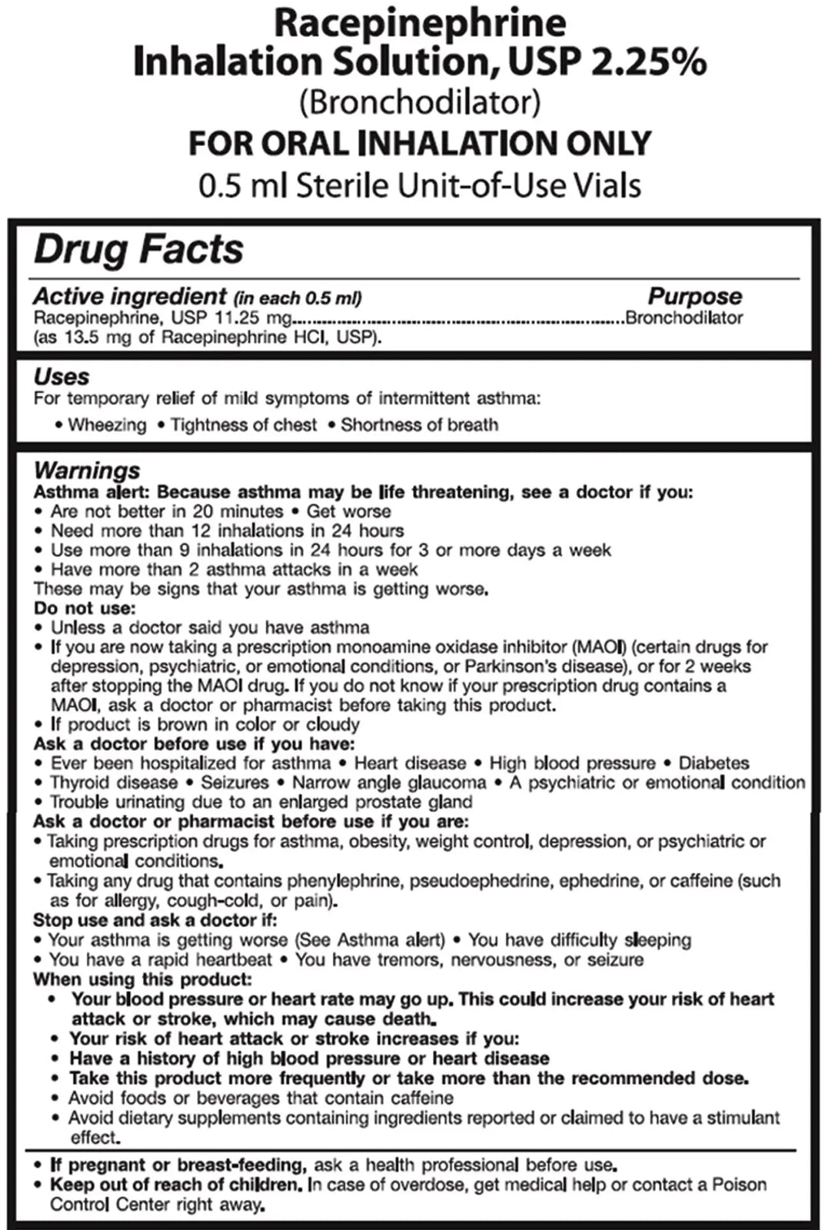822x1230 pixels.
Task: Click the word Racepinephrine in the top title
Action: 420,23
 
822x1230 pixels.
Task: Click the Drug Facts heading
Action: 138,250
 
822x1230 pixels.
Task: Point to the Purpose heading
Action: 694,296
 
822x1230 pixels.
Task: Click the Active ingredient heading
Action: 130,296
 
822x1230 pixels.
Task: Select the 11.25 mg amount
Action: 258,318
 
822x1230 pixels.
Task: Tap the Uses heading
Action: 62,377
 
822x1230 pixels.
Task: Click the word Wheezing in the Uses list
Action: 107,425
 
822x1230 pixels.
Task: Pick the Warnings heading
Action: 87,470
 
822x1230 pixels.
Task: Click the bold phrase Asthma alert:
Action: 92,492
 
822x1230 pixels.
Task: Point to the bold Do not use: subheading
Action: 84,608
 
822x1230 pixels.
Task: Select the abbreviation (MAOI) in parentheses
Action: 601,647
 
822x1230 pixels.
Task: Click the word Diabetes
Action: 714,763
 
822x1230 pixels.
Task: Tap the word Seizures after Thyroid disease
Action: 235,783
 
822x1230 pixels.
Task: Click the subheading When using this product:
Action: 142,979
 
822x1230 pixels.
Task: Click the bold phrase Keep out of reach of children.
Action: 176,1185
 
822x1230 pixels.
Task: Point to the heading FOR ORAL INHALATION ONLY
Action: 420,144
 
